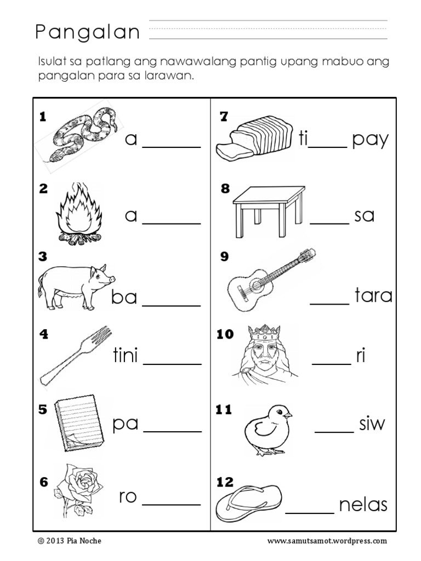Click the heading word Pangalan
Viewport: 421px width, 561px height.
[88, 33]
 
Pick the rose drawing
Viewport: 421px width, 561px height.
[78, 490]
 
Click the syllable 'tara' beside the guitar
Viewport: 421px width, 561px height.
[374, 296]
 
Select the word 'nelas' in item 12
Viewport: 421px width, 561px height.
[363, 505]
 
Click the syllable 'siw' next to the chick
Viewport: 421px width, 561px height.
[372, 423]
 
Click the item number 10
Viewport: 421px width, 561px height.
[225, 334]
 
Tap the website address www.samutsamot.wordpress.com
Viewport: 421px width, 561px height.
[327, 541]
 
